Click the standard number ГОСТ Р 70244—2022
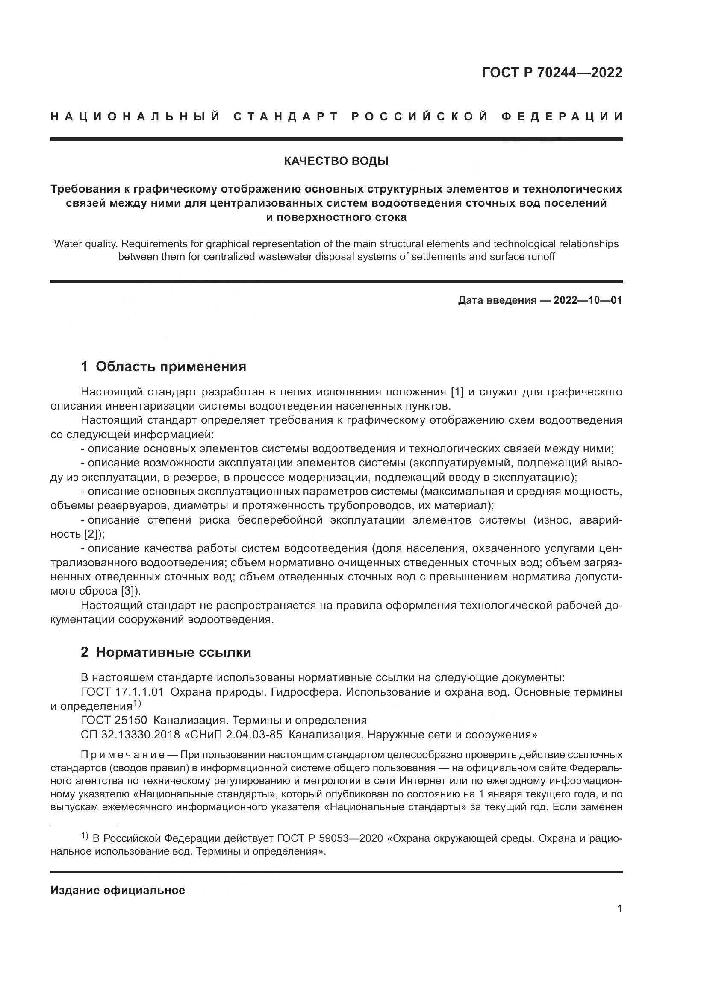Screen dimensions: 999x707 [x=552, y=73]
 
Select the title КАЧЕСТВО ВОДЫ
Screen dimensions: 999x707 [x=336, y=161]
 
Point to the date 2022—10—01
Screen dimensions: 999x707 [x=588, y=300]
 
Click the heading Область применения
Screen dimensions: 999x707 [x=171, y=367]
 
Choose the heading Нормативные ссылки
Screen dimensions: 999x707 [x=173, y=665]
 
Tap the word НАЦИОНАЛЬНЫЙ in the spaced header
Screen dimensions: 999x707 [x=136, y=117]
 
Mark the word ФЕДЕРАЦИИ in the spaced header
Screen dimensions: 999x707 [x=562, y=117]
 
